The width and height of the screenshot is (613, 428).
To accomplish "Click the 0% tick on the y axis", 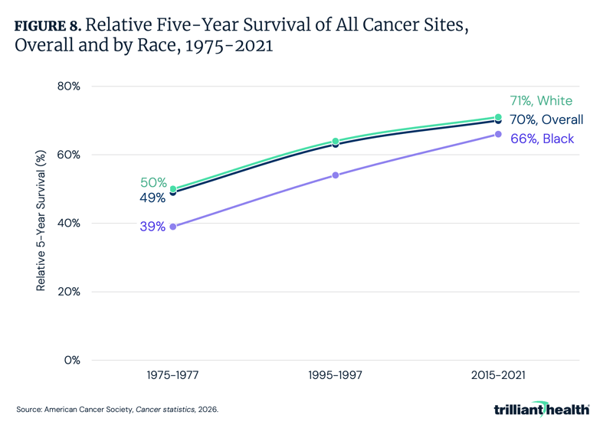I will point(70,361).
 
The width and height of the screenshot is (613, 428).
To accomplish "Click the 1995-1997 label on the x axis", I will point(336,375).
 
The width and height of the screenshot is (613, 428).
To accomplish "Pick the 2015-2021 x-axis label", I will point(498,375).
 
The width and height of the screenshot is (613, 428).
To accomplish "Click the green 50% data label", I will point(153,183).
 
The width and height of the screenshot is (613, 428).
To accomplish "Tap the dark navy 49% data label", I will point(152,198).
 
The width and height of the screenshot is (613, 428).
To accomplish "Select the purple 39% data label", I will point(152,227).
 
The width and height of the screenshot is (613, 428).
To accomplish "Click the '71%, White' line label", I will point(541,101).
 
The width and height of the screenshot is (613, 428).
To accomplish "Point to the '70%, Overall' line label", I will point(546,120).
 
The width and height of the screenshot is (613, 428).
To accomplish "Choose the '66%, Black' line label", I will point(542,139).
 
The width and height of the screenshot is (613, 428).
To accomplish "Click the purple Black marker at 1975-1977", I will point(173,227).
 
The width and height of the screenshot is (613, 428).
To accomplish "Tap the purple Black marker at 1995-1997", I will point(336,175).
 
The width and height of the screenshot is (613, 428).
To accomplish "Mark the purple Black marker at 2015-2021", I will point(498,134).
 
